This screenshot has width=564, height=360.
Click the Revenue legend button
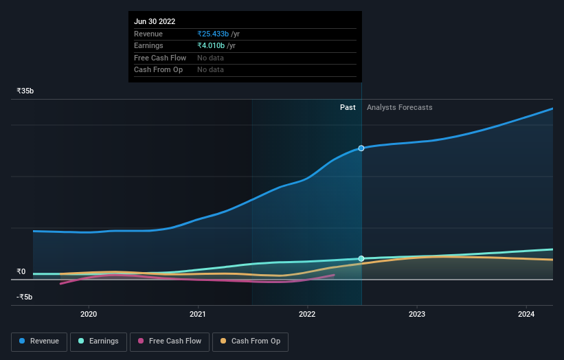pyautogui.click(x=39, y=341)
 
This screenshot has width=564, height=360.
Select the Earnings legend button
pyautogui.click(x=97, y=341)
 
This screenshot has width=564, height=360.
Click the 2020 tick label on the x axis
pyautogui.click(x=89, y=314)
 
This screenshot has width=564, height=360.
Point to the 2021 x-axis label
pyautogui.click(x=198, y=314)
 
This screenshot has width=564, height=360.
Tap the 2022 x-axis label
pyautogui.click(x=307, y=314)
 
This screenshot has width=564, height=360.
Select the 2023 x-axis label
pyautogui.click(x=416, y=314)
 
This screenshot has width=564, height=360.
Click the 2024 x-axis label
pyautogui.click(x=526, y=314)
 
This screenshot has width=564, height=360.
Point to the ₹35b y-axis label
pyautogui.click(x=25, y=91)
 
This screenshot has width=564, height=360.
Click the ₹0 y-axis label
pyautogui.click(x=21, y=271)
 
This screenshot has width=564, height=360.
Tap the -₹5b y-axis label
pyautogui.click(x=25, y=297)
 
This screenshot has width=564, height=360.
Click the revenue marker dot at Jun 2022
pyautogui.click(x=361, y=148)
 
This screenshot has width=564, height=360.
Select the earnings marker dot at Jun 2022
pyautogui.click(x=361, y=259)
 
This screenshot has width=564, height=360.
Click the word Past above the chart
pyautogui.click(x=348, y=107)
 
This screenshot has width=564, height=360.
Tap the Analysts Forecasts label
pyautogui.click(x=400, y=107)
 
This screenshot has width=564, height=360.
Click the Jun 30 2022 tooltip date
pyautogui.click(x=155, y=21)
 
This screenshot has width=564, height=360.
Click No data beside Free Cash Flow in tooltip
pyautogui.click(x=210, y=58)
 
